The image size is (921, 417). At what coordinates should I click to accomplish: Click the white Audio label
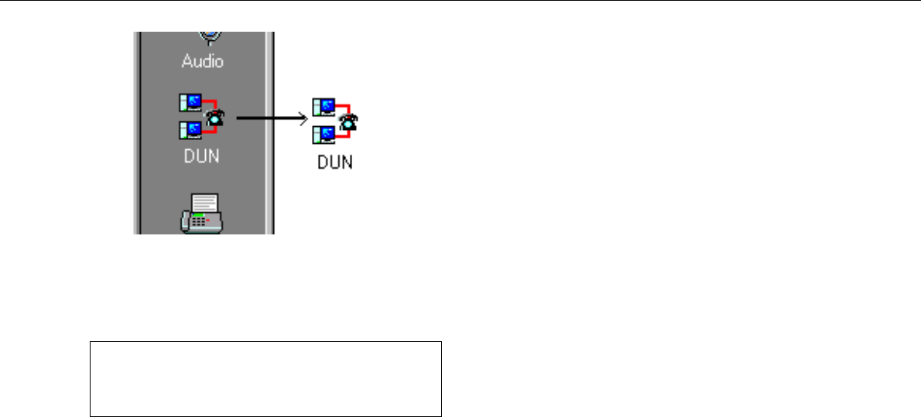tap(202, 60)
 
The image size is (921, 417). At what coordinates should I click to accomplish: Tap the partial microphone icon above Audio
tap(210, 36)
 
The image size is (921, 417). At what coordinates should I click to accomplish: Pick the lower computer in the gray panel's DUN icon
tap(190, 129)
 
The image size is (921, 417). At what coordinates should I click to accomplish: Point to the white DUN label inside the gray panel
tap(202, 156)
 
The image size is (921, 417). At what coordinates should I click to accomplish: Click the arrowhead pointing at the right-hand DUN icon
tap(303, 118)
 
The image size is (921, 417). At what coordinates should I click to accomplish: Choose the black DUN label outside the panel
tap(335, 163)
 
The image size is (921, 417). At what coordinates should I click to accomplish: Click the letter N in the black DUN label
tap(346, 163)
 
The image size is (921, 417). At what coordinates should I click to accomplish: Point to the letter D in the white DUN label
tap(189, 156)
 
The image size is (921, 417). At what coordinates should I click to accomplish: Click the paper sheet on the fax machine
tap(205, 203)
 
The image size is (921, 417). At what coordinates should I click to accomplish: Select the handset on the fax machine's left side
tap(187, 221)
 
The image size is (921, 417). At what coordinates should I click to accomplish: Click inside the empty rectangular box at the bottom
tap(265, 378)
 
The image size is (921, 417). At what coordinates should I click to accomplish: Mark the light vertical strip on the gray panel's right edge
tap(270, 132)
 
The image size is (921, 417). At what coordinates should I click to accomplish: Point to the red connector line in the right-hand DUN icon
tap(347, 109)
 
